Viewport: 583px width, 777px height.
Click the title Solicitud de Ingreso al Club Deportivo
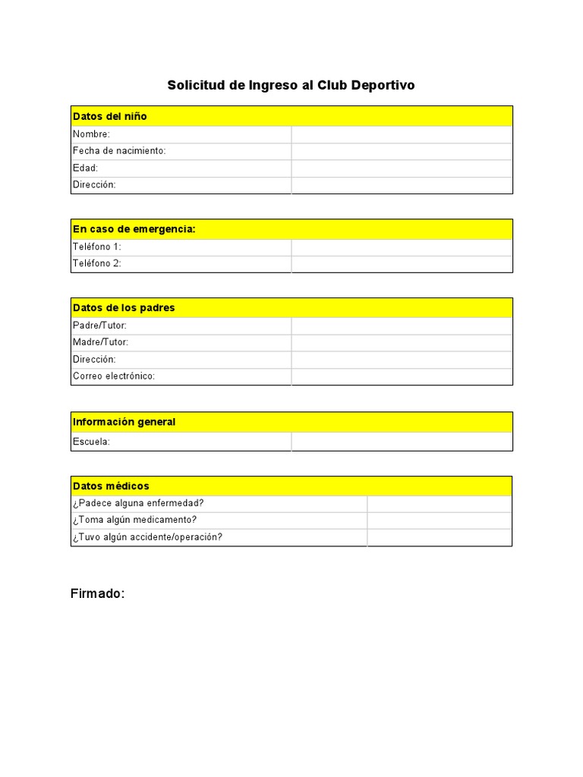291,85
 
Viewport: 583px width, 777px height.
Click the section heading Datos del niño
110,116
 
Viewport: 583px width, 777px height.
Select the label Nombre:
91,134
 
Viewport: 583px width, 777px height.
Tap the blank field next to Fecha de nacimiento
402,151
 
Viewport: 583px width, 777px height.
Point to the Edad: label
85,168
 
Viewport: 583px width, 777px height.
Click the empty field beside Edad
402,168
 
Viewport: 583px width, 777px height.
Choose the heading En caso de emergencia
134,229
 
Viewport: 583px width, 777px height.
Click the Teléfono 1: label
97,247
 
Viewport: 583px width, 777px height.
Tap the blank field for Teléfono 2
402,264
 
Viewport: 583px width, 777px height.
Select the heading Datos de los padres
124,308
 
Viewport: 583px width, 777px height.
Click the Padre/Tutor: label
99,326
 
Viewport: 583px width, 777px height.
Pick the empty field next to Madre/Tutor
402,342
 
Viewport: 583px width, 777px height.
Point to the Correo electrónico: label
114,376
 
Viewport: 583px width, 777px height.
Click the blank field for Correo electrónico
402,376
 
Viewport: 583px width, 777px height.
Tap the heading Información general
124,422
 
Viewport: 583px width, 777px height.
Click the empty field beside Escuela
402,442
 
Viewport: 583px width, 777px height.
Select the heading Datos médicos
111,486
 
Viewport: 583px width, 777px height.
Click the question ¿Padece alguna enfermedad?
138,503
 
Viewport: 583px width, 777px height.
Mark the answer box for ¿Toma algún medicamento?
440,520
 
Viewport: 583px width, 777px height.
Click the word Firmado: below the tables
97,593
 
